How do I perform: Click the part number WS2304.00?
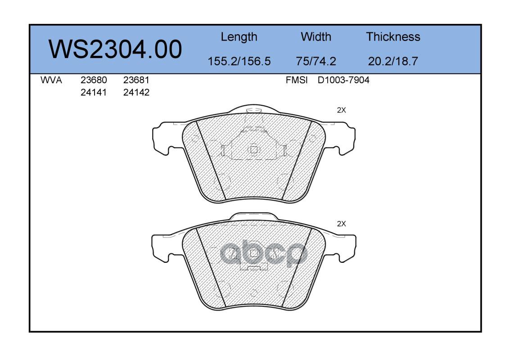coord(115,49)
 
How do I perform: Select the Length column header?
coord(239,37)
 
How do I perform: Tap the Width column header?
coord(316,36)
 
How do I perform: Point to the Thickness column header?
coord(393,36)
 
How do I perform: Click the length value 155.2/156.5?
coord(239,61)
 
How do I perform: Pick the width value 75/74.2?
coord(316,61)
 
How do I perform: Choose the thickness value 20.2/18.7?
coord(393,61)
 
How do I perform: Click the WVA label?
coord(51,80)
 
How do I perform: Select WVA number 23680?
coord(94,80)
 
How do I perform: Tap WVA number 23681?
coord(136,80)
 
